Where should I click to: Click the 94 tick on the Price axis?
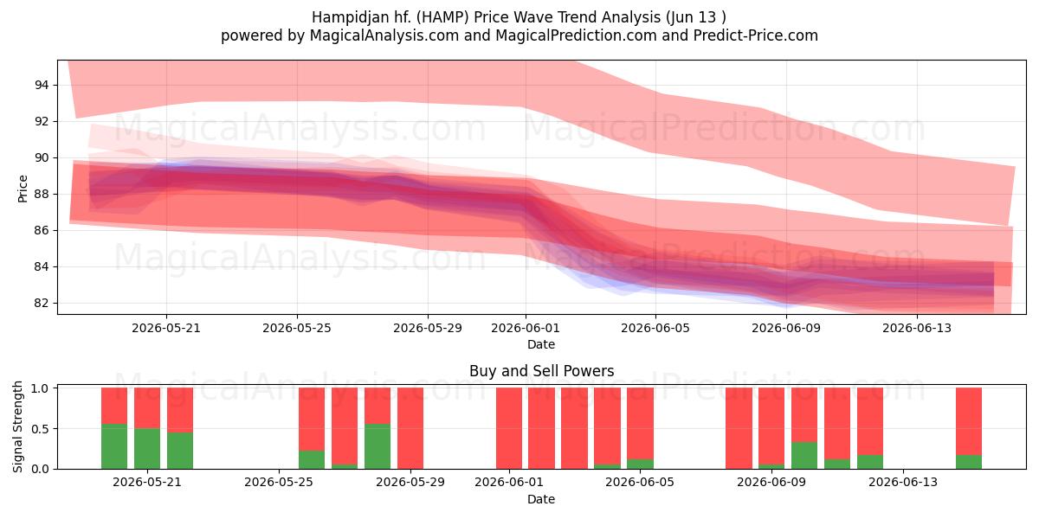pos(42,85)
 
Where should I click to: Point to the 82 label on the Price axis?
pos(42,303)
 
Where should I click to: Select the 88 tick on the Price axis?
pos(42,194)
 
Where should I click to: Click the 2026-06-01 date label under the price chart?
pos(526,328)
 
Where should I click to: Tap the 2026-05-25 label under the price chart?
pos(297,328)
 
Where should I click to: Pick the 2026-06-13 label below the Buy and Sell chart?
pos(903,482)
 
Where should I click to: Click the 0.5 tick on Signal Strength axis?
pos(40,429)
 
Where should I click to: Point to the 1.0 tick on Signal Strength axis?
pos(40,388)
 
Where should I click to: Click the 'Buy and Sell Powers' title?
pos(541,371)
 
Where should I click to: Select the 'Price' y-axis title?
pos(23,189)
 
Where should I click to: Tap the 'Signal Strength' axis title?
pos(17,426)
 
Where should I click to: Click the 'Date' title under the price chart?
pos(541,344)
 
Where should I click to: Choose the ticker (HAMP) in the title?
pos(442,17)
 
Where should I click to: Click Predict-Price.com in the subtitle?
pos(756,35)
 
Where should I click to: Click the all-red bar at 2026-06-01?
pos(509,428)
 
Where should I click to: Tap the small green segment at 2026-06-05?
pos(640,464)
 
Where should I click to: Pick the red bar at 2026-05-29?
pos(410,428)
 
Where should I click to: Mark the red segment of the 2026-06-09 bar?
pos(771,426)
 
